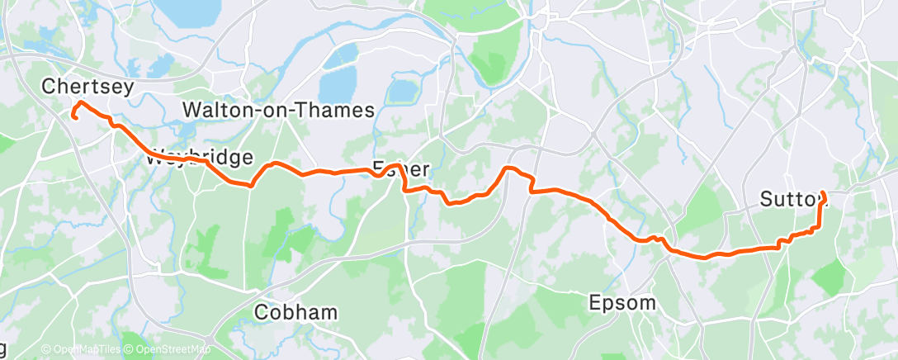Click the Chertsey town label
tap(87, 86)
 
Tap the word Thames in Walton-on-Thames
tap(334, 110)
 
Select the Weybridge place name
tap(198, 158)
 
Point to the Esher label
tap(401, 169)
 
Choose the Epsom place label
tap(622, 302)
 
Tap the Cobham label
tap(295, 312)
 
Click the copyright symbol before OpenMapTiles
tap(46, 349)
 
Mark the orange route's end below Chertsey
tap(74, 117)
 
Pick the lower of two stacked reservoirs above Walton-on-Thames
tap(336, 83)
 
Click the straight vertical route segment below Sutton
tap(819, 216)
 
